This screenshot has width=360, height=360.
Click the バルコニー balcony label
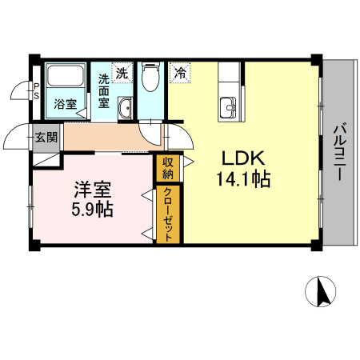[x=339, y=152]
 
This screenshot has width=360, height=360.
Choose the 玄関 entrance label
[x=46, y=137]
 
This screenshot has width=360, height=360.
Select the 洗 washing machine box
[x=122, y=73]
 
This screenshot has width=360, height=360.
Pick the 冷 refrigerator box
[x=180, y=73]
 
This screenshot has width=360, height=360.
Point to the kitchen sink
[x=229, y=105]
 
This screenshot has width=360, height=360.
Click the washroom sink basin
[x=126, y=109]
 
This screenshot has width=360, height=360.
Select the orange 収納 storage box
[x=168, y=169]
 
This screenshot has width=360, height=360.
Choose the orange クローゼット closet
[x=169, y=214]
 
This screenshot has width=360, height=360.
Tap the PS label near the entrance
[x=36, y=90]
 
